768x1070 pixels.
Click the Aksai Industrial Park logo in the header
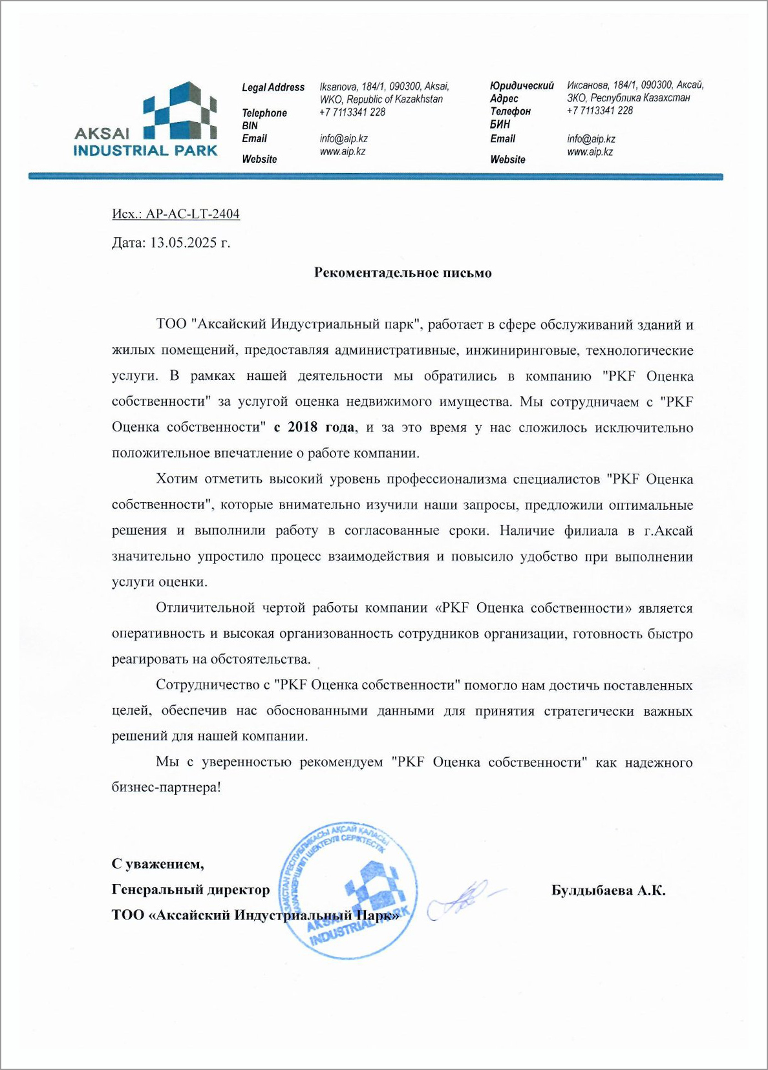(x=146, y=121)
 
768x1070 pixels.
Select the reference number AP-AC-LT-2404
(x=193, y=214)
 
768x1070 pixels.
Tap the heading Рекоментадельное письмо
(x=403, y=273)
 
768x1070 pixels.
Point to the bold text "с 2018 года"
(x=314, y=427)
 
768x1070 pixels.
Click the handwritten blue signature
(x=463, y=898)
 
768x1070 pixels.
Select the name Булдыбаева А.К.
(x=608, y=890)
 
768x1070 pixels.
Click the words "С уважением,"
(x=158, y=864)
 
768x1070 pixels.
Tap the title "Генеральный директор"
(x=191, y=890)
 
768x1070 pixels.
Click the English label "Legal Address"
(x=273, y=87)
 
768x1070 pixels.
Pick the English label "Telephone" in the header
(x=264, y=113)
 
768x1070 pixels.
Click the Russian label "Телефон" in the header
(x=510, y=111)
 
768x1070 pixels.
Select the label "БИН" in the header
(x=500, y=124)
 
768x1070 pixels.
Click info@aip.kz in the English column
(x=343, y=138)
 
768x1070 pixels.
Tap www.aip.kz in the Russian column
(x=590, y=152)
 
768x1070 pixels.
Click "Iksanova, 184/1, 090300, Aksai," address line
(x=384, y=87)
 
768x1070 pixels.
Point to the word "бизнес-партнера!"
(x=166, y=788)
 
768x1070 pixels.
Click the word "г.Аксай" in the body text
(x=668, y=530)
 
